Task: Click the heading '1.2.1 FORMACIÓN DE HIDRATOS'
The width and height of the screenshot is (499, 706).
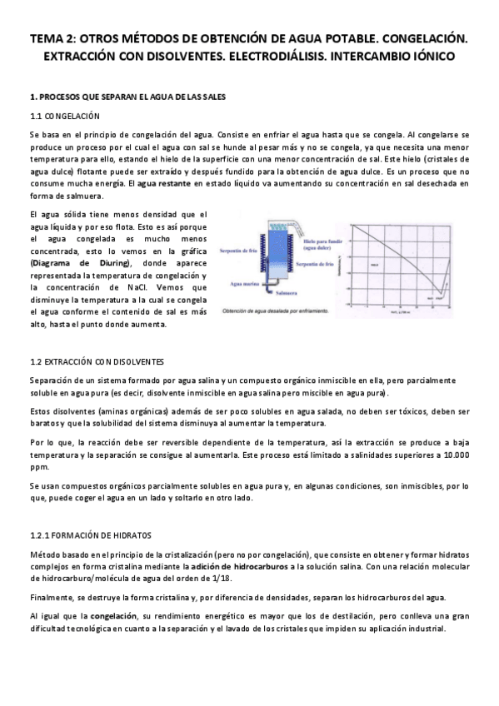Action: pos(89,534)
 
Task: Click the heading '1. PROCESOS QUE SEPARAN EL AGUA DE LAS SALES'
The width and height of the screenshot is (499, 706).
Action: pos(127,97)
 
